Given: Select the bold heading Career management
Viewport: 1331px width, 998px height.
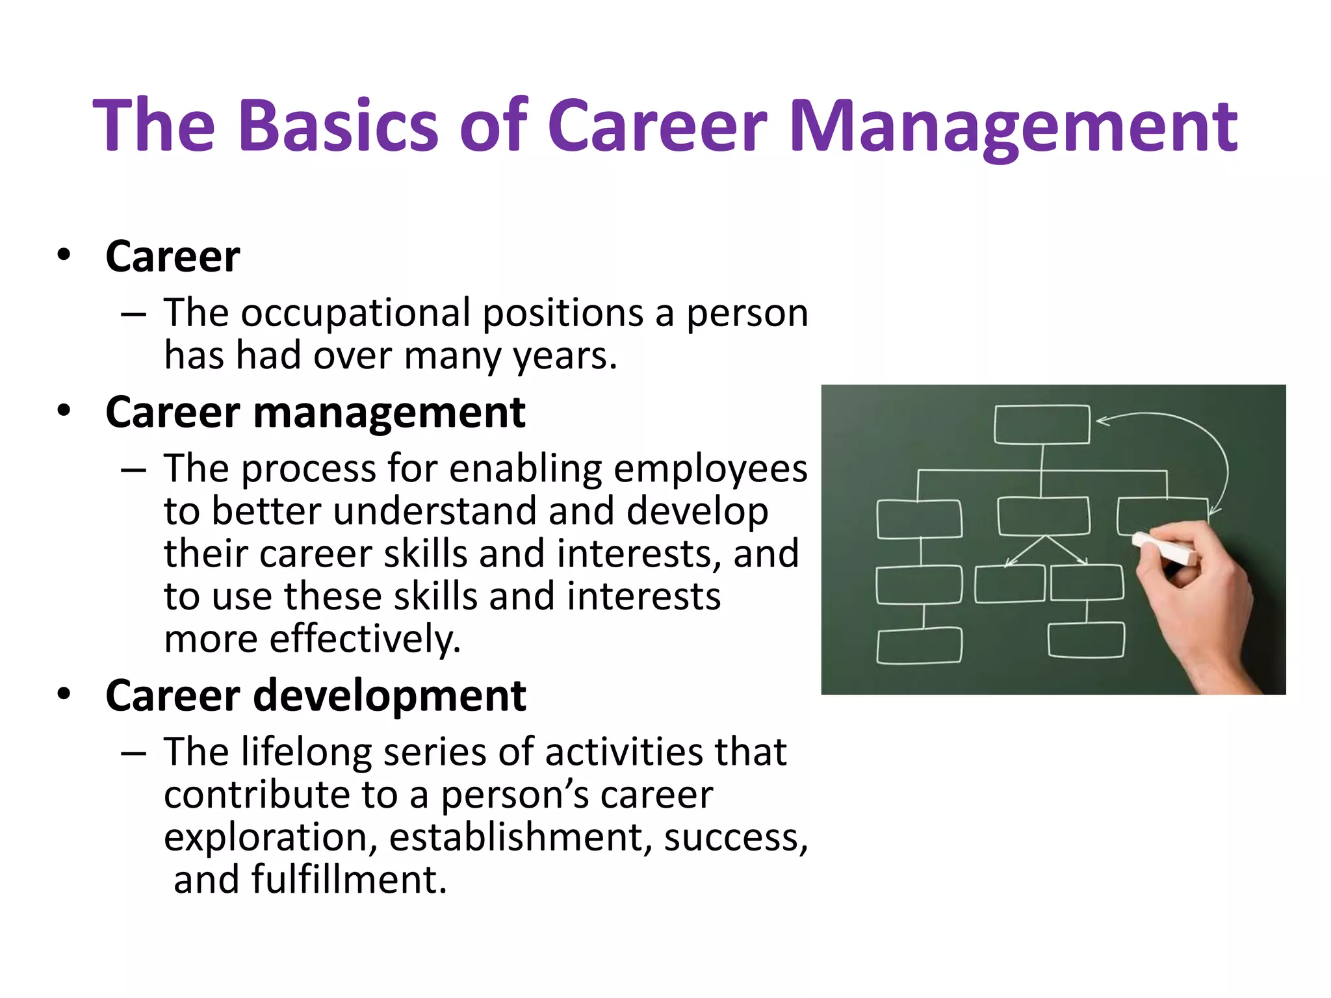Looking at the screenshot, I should [x=315, y=413].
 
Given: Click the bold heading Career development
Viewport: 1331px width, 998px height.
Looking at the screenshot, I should [x=315, y=696].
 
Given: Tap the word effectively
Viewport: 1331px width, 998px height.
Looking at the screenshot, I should [x=365, y=639].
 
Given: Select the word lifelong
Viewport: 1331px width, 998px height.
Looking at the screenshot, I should [x=306, y=752].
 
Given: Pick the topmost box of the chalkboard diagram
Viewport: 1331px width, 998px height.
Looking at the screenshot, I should [x=1042, y=425].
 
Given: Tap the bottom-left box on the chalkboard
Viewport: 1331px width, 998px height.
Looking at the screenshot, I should [x=919, y=646].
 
